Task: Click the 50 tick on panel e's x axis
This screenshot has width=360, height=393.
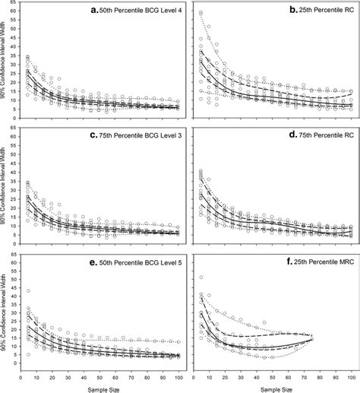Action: point(99,376)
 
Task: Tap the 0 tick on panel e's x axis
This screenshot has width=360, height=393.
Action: point(20,376)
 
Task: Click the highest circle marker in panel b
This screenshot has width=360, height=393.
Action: point(201,14)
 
